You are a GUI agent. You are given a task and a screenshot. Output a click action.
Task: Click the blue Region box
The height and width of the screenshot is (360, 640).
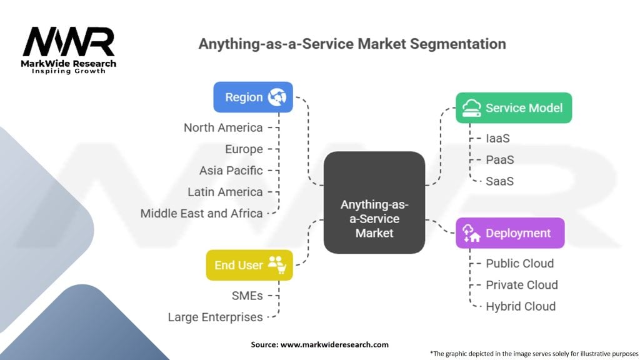252,97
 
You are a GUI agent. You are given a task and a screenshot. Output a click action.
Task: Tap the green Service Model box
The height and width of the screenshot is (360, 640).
513,108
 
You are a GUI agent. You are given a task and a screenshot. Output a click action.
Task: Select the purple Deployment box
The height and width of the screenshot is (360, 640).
509,233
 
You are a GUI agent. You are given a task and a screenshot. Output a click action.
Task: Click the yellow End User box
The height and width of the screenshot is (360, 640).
249,265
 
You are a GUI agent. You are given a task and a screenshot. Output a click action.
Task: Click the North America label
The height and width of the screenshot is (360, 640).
223,127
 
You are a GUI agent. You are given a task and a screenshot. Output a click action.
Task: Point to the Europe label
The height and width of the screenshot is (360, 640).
244,149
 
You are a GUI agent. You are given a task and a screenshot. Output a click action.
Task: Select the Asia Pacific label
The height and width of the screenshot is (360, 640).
231,170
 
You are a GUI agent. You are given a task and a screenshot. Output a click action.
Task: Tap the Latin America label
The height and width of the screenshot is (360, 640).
225,192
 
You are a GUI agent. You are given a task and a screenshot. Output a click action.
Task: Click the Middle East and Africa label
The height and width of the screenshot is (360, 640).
201,213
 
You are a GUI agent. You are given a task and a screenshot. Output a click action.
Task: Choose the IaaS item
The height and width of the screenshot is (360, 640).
497,138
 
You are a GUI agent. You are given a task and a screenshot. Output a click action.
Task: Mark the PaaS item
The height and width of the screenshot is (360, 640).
499,159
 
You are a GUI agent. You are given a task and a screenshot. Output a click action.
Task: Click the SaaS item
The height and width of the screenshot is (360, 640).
499,181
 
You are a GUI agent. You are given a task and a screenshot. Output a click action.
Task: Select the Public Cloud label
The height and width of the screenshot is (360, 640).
519,263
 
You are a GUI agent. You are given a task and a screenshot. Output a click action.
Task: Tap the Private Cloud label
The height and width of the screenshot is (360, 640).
521,284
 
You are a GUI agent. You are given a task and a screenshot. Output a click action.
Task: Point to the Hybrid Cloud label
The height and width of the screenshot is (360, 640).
520,306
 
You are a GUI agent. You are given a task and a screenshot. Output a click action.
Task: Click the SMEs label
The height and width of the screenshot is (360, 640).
247,296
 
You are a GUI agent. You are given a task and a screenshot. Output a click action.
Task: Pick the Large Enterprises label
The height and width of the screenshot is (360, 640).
215,317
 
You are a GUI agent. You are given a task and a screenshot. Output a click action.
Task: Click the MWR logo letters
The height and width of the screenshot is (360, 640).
69,42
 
